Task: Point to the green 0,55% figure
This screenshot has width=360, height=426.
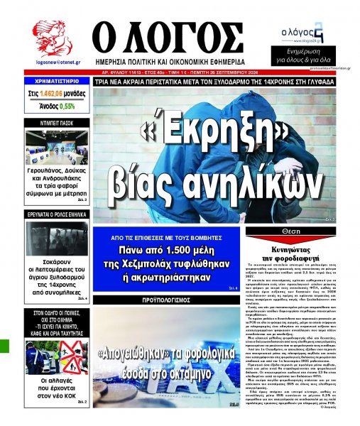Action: pos(67,106)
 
